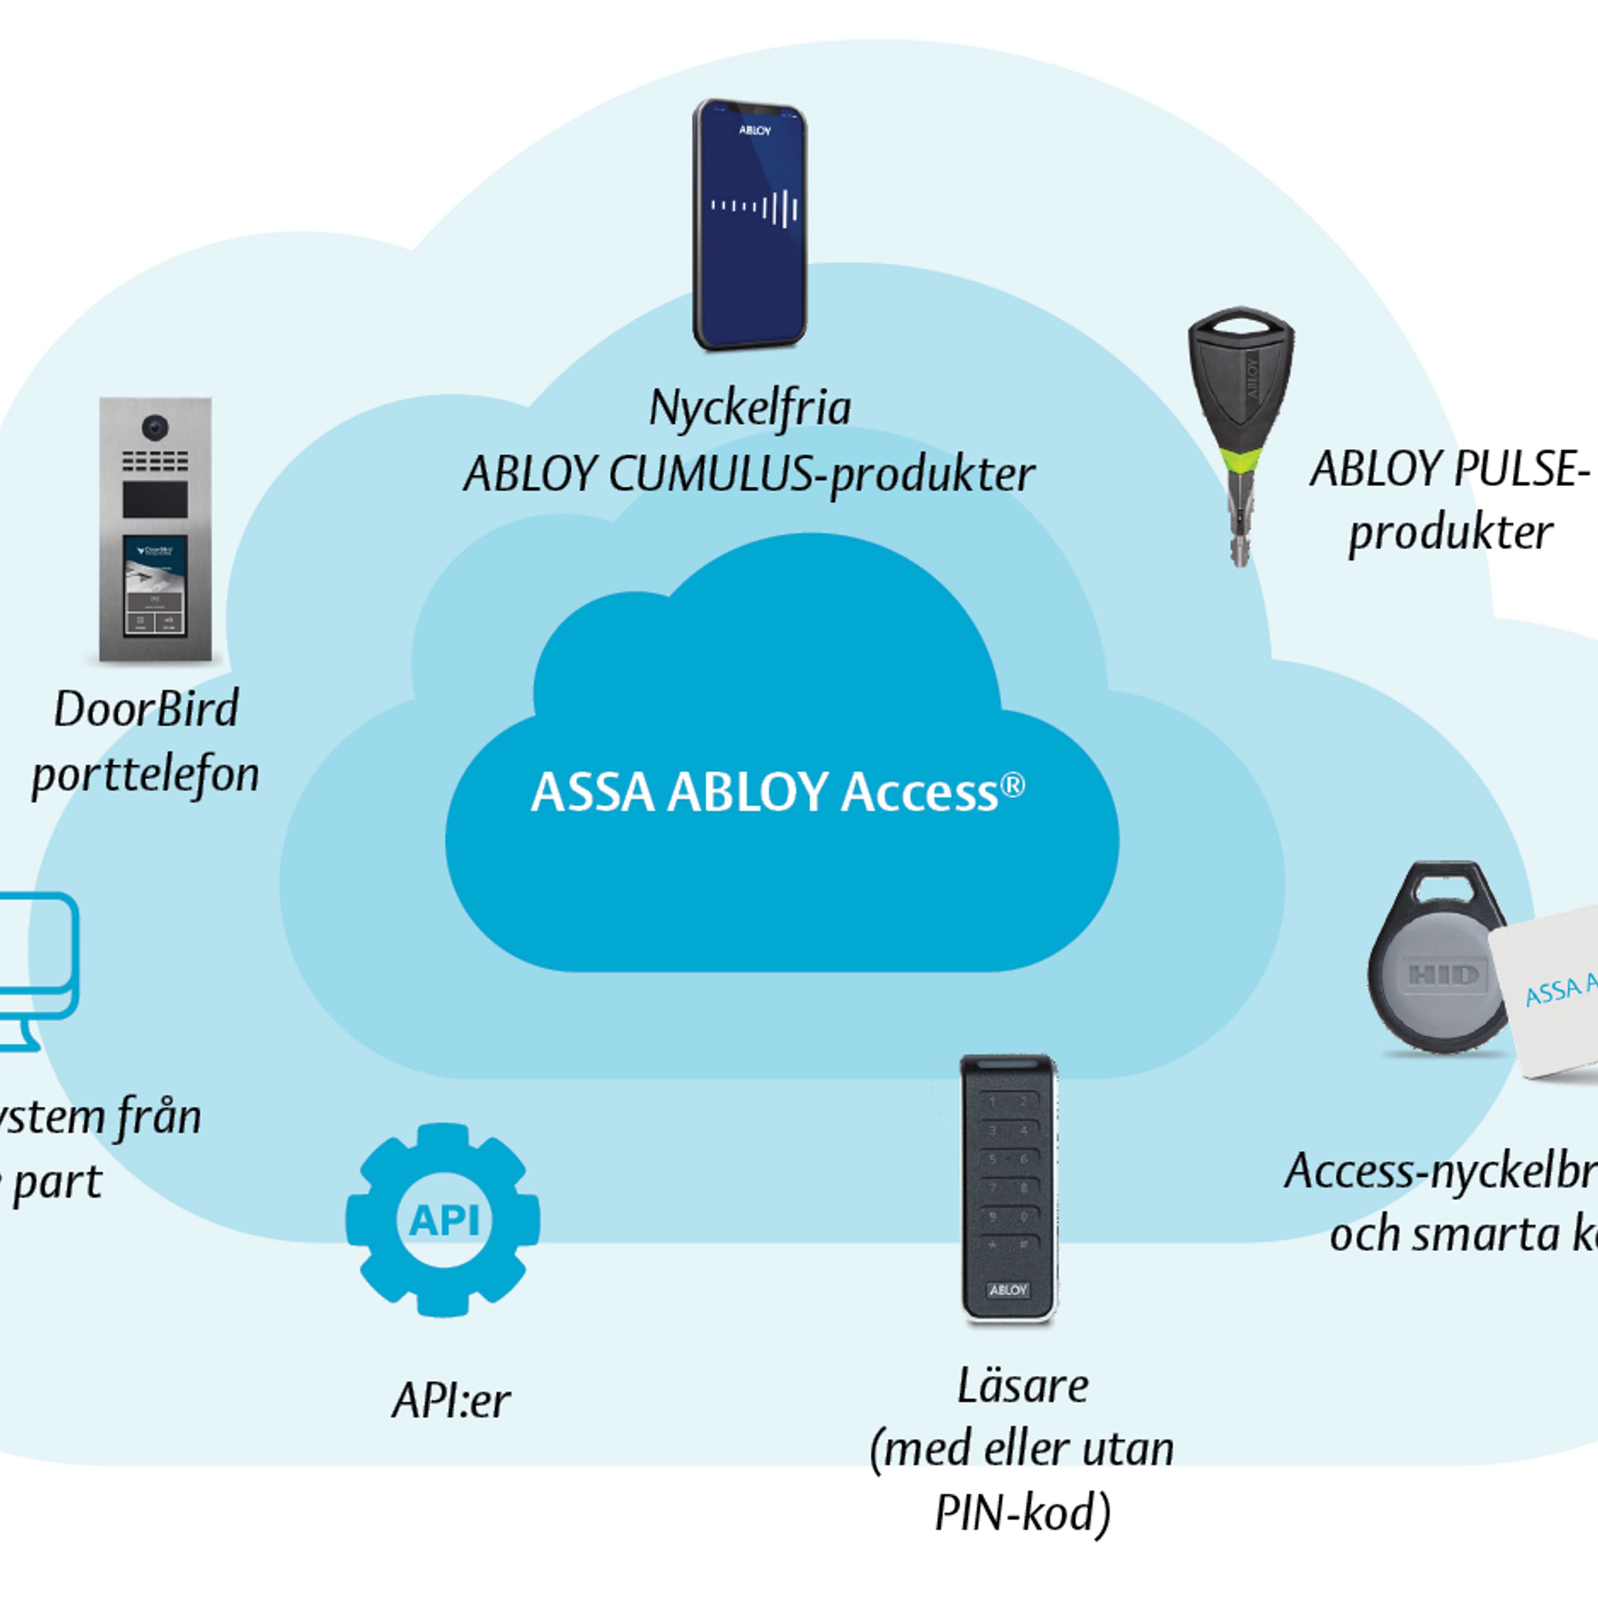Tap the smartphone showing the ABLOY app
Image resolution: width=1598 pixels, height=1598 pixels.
[x=750, y=223]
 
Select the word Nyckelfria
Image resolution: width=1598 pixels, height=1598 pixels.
[x=750, y=408]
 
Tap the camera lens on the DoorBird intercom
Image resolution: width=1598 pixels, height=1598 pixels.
[x=155, y=427]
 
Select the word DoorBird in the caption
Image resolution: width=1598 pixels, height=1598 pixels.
[x=147, y=709]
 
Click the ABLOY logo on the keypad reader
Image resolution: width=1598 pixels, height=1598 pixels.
[x=1008, y=1289]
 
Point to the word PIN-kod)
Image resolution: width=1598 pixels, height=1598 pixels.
[x=1022, y=1513]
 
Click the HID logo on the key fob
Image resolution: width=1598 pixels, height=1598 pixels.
[x=1443, y=975]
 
